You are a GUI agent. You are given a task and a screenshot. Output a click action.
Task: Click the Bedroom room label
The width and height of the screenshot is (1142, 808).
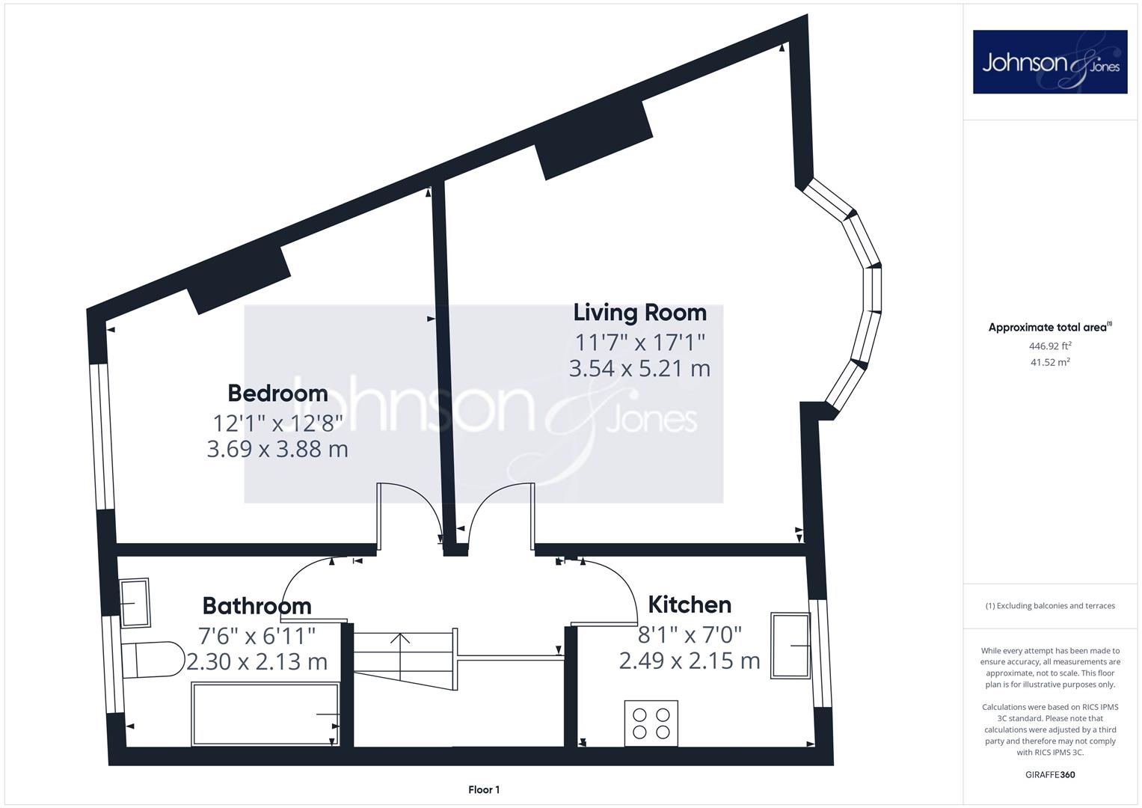[x=278, y=394]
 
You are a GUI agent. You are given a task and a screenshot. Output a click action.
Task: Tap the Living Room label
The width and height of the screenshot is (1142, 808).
[x=640, y=313]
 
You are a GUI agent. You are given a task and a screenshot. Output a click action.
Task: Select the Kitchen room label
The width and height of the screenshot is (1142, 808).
[x=690, y=605]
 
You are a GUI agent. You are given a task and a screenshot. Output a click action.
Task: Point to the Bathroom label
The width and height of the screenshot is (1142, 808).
[x=257, y=606]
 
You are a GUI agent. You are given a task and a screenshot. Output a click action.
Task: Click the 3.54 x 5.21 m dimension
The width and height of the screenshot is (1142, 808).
[x=639, y=369]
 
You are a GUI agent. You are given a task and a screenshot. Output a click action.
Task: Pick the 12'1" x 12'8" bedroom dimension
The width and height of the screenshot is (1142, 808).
[x=278, y=423]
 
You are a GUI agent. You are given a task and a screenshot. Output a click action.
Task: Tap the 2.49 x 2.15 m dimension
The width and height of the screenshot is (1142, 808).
[x=690, y=661]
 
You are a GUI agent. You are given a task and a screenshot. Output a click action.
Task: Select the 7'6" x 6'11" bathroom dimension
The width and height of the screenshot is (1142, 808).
[x=257, y=636]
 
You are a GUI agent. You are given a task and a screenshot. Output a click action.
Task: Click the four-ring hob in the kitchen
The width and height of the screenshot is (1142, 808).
[x=651, y=723]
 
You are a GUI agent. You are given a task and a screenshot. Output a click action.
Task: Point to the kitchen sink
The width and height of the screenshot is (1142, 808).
[x=791, y=646]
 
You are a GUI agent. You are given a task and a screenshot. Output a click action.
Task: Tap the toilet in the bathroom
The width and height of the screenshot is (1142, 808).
[x=153, y=660]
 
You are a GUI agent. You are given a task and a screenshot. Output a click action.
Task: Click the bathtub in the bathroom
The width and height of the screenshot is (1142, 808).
[x=265, y=714]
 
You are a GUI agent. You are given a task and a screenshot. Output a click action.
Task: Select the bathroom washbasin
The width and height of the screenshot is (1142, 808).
[x=135, y=603]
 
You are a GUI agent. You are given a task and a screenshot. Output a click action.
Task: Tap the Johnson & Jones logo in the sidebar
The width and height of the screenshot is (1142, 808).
[x=1050, y=61]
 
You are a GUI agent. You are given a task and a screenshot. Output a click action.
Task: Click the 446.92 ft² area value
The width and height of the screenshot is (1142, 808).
[x=1050, y=346]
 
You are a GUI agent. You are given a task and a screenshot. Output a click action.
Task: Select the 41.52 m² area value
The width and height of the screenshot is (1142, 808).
[x=1050, y=362]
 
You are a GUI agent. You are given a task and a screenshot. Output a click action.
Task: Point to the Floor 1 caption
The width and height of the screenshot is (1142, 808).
[x=484, y=790]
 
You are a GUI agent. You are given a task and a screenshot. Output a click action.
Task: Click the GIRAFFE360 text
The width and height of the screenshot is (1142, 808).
[x=1050, y=775]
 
